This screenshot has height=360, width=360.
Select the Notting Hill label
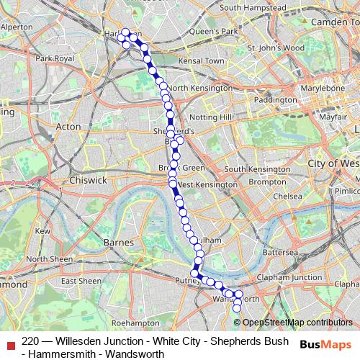click(210, 116)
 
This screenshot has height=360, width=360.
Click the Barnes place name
click(120, 242)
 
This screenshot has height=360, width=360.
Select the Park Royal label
click(55, 58)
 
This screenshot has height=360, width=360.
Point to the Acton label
click(68, 126)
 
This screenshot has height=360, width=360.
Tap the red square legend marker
click(9, 341)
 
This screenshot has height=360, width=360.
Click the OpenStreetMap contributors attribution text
click(297, 323)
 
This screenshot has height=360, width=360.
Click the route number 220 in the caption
click(31, 341)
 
